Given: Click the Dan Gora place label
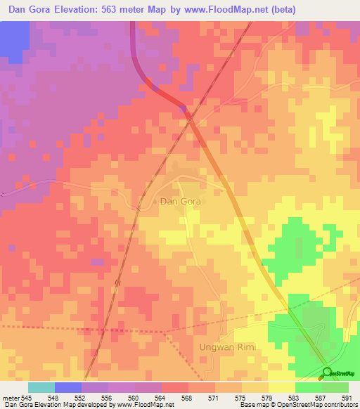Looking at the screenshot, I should click(x=181, y=201).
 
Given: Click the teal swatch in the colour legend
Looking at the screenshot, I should click(x=41, y=387).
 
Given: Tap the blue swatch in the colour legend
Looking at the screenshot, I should click(x=68, y=387).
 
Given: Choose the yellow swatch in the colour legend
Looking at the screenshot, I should click(x=282, y=387).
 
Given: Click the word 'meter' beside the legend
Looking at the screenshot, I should click(x=11, y=397).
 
